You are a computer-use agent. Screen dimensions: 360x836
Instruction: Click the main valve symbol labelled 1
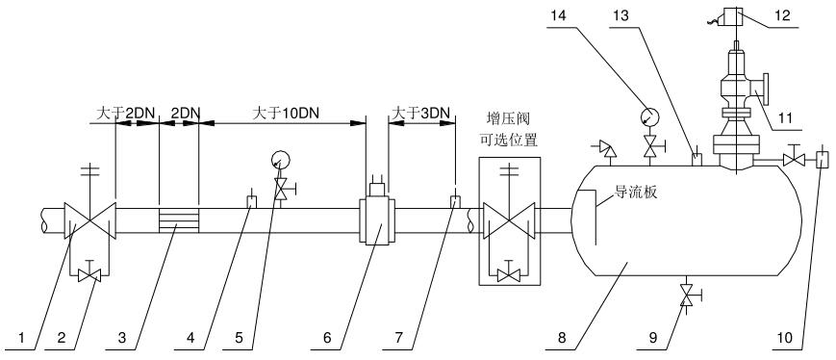pyautogui.click(x=89, y=221)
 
